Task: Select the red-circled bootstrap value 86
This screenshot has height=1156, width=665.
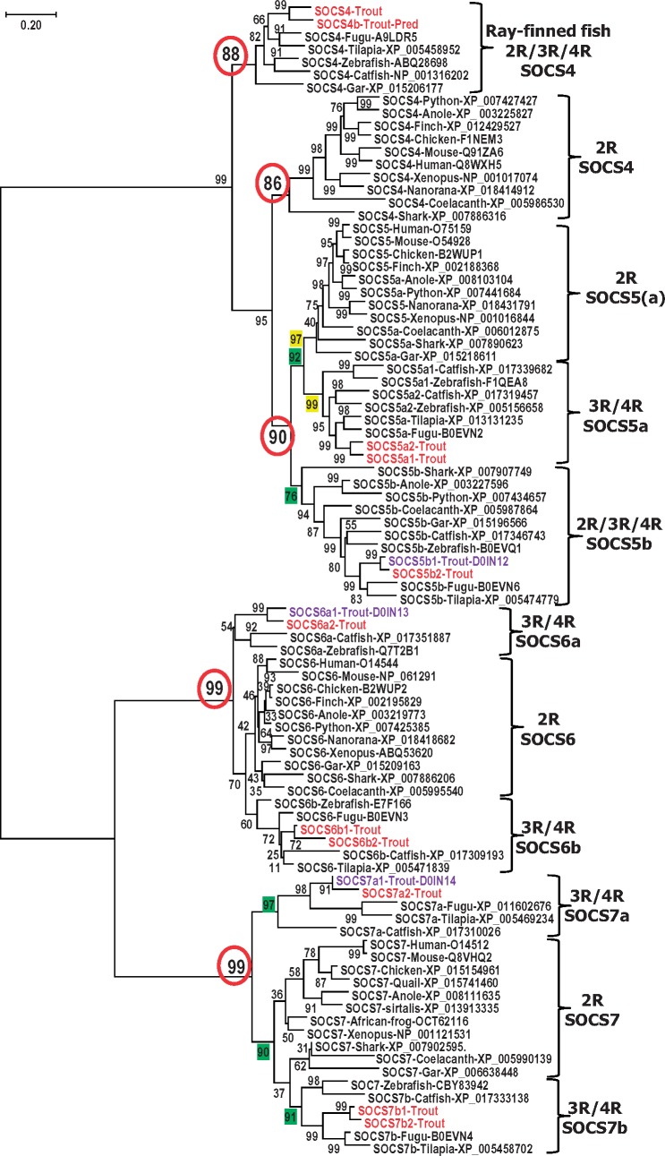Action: [x=271, y=184]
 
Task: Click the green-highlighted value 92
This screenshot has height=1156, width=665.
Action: [x=294, y=356]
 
